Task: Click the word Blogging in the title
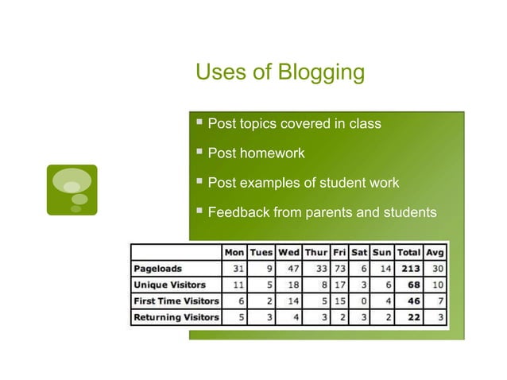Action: point(321,73)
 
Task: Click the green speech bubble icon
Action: point(72,190)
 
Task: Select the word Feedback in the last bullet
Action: point(238,213)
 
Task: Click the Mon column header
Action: point(234,253)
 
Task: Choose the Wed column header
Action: point(288,253)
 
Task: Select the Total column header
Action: point(408,253)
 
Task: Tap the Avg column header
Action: point(435,253)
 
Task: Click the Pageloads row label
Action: point(159,269)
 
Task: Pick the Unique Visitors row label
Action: point(170,285)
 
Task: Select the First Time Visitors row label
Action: point(176,301)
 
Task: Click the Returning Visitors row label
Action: point(176,317)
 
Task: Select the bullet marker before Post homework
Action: point(199,152)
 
